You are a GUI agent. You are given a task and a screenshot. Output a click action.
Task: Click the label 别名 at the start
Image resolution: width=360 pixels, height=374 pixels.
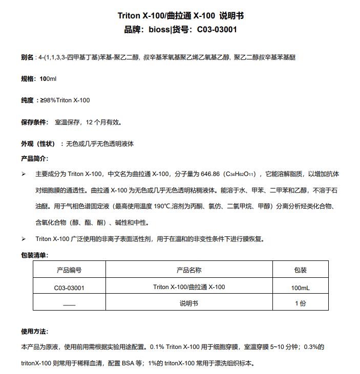27,57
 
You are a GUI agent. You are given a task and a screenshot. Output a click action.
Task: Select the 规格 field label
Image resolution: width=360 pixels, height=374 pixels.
27,79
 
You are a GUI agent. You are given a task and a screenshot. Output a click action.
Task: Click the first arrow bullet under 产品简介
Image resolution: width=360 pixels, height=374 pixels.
24,174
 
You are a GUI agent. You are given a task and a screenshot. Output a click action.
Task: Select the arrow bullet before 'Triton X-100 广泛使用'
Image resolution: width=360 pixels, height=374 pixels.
24,239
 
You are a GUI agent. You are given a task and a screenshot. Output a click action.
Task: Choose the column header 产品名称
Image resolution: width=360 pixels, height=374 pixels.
188,270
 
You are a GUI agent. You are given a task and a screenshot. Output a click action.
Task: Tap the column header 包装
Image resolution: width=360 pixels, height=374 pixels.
300,270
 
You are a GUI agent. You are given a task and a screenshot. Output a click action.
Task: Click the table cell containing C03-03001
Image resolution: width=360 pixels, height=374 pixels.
69,288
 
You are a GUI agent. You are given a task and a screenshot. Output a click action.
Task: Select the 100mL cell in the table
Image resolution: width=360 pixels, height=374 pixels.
300,288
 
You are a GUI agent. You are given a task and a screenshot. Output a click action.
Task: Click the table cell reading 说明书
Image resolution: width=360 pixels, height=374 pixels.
188,303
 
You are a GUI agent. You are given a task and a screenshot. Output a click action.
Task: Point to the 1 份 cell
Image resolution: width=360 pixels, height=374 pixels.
300,303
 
